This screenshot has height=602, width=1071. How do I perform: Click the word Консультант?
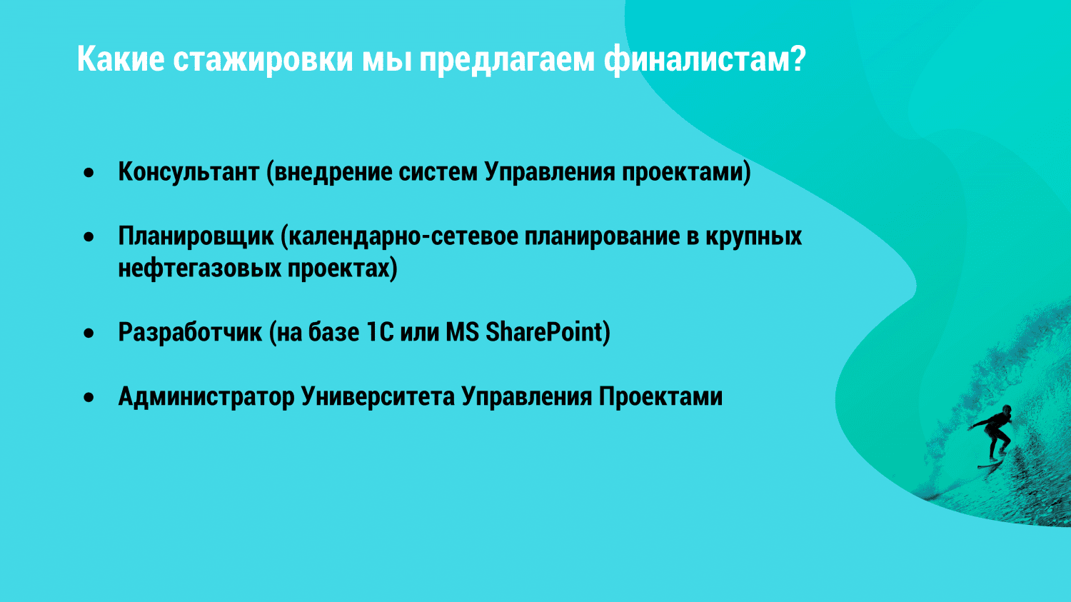[188, 171]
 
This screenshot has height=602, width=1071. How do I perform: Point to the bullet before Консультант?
[89, 173]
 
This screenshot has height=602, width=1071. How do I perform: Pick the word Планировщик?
[196, 236]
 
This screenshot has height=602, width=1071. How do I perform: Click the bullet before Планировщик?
[89, 236]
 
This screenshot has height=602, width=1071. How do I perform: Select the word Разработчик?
[191, 332]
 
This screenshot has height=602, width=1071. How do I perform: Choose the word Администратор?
[206, 397]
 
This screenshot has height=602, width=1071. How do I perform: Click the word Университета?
[378, 397]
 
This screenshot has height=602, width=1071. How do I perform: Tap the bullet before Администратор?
[89, 397]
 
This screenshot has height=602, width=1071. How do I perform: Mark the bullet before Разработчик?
[89, 333]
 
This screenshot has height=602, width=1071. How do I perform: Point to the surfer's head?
[1007, 410]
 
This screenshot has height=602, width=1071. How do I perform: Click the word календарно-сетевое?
[403, 236]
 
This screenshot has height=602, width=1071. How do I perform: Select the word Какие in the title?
[121, 59]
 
